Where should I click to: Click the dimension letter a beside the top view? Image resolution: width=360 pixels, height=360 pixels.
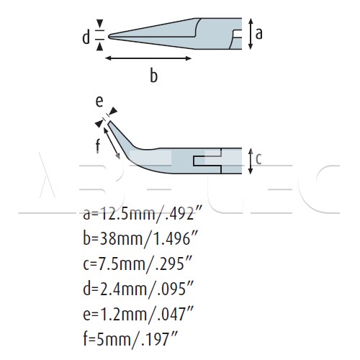[x=258, y=34]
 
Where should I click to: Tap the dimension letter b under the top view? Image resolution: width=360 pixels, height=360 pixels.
[x=154, y=76]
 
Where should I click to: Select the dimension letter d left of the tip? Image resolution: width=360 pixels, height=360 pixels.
[x=86, y=37]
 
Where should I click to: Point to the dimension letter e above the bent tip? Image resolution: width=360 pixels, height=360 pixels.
[x=99, y=102]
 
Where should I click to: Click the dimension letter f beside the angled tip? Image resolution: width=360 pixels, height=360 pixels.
[x=98, y=145]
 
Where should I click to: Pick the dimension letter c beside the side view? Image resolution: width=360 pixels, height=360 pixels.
[x=258, y=159]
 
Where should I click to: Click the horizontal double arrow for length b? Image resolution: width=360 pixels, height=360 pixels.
[x=148, y=58]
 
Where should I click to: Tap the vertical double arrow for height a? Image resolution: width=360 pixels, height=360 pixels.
[x=251, y=34]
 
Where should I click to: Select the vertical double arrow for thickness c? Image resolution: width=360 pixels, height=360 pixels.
[x=251, y=161]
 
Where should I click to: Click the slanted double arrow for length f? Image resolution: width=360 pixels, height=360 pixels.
[x=112, y=143]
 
